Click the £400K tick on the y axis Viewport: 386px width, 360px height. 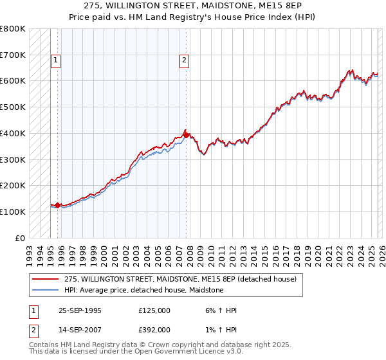coord(13,133)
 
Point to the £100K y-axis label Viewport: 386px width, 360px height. coord(13,212)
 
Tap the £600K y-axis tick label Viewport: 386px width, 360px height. coord(13,81)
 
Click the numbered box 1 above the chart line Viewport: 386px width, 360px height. coord(56,61)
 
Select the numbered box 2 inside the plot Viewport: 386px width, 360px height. coord(184,61)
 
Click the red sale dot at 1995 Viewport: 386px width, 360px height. coord(57,205)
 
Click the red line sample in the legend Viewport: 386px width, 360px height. coord(45,280)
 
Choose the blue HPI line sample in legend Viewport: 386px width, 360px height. coord(45,291)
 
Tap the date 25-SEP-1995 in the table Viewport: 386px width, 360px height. coord(80,310)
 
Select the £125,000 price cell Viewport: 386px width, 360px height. coord(154,310)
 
